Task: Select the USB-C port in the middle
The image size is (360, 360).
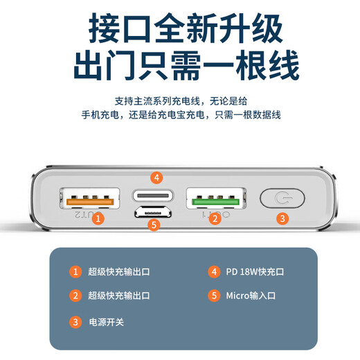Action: (154, 195)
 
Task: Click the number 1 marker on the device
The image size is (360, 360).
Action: (99, 219)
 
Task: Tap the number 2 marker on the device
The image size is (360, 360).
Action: (215, 219)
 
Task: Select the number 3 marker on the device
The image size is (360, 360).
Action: (282, 219)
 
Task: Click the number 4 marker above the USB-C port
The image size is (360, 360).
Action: (157, 178)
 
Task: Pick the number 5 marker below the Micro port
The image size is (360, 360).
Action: (154, 224)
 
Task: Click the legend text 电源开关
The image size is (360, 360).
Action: (107, 321)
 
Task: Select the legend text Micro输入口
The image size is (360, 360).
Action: (251, 296)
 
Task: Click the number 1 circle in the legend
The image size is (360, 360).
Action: (75, 271)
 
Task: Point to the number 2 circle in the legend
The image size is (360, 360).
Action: (75, 296)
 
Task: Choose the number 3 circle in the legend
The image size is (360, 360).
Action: (75, 321)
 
